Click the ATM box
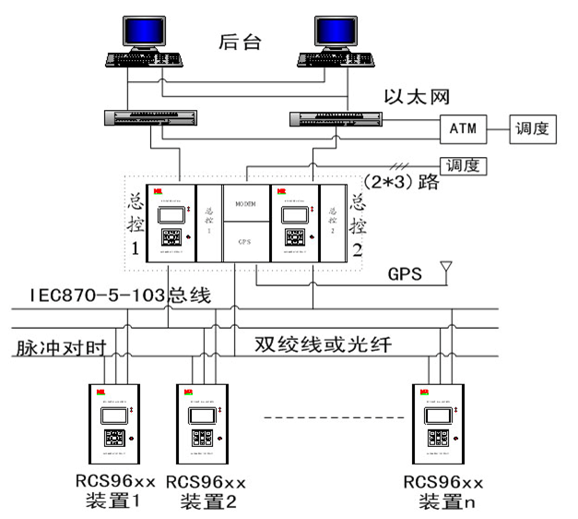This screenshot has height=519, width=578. tap(463, 128)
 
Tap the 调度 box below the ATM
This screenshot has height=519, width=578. tap(464, 166)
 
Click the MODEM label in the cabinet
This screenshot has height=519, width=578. tap(245, 202)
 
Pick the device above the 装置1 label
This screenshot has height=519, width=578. tap(112, 423)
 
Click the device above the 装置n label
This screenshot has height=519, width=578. tap(437, 423)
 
